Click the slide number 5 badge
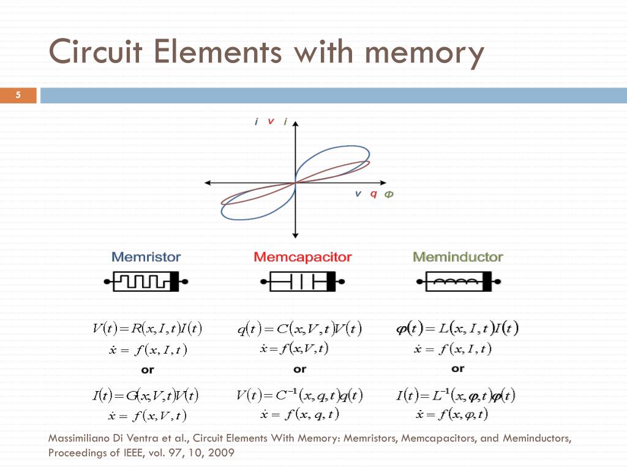coord(18,95)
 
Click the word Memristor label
coord(146,257)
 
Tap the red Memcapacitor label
coord(302,257)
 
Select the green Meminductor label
coord(458,257)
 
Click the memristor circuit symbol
coord(146,282)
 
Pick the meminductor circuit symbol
coord(459,282)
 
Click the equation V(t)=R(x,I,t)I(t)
coord(148,329)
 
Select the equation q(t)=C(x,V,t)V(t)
coord(300,329)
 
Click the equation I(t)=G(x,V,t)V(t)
coord(146,395)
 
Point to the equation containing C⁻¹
coord(300,395)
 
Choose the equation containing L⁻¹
coord(457,395)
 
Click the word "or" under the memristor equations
coord(148,370)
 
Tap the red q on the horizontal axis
coord(374,194)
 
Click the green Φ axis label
coord(389,194)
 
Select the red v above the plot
coord(271,121)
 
